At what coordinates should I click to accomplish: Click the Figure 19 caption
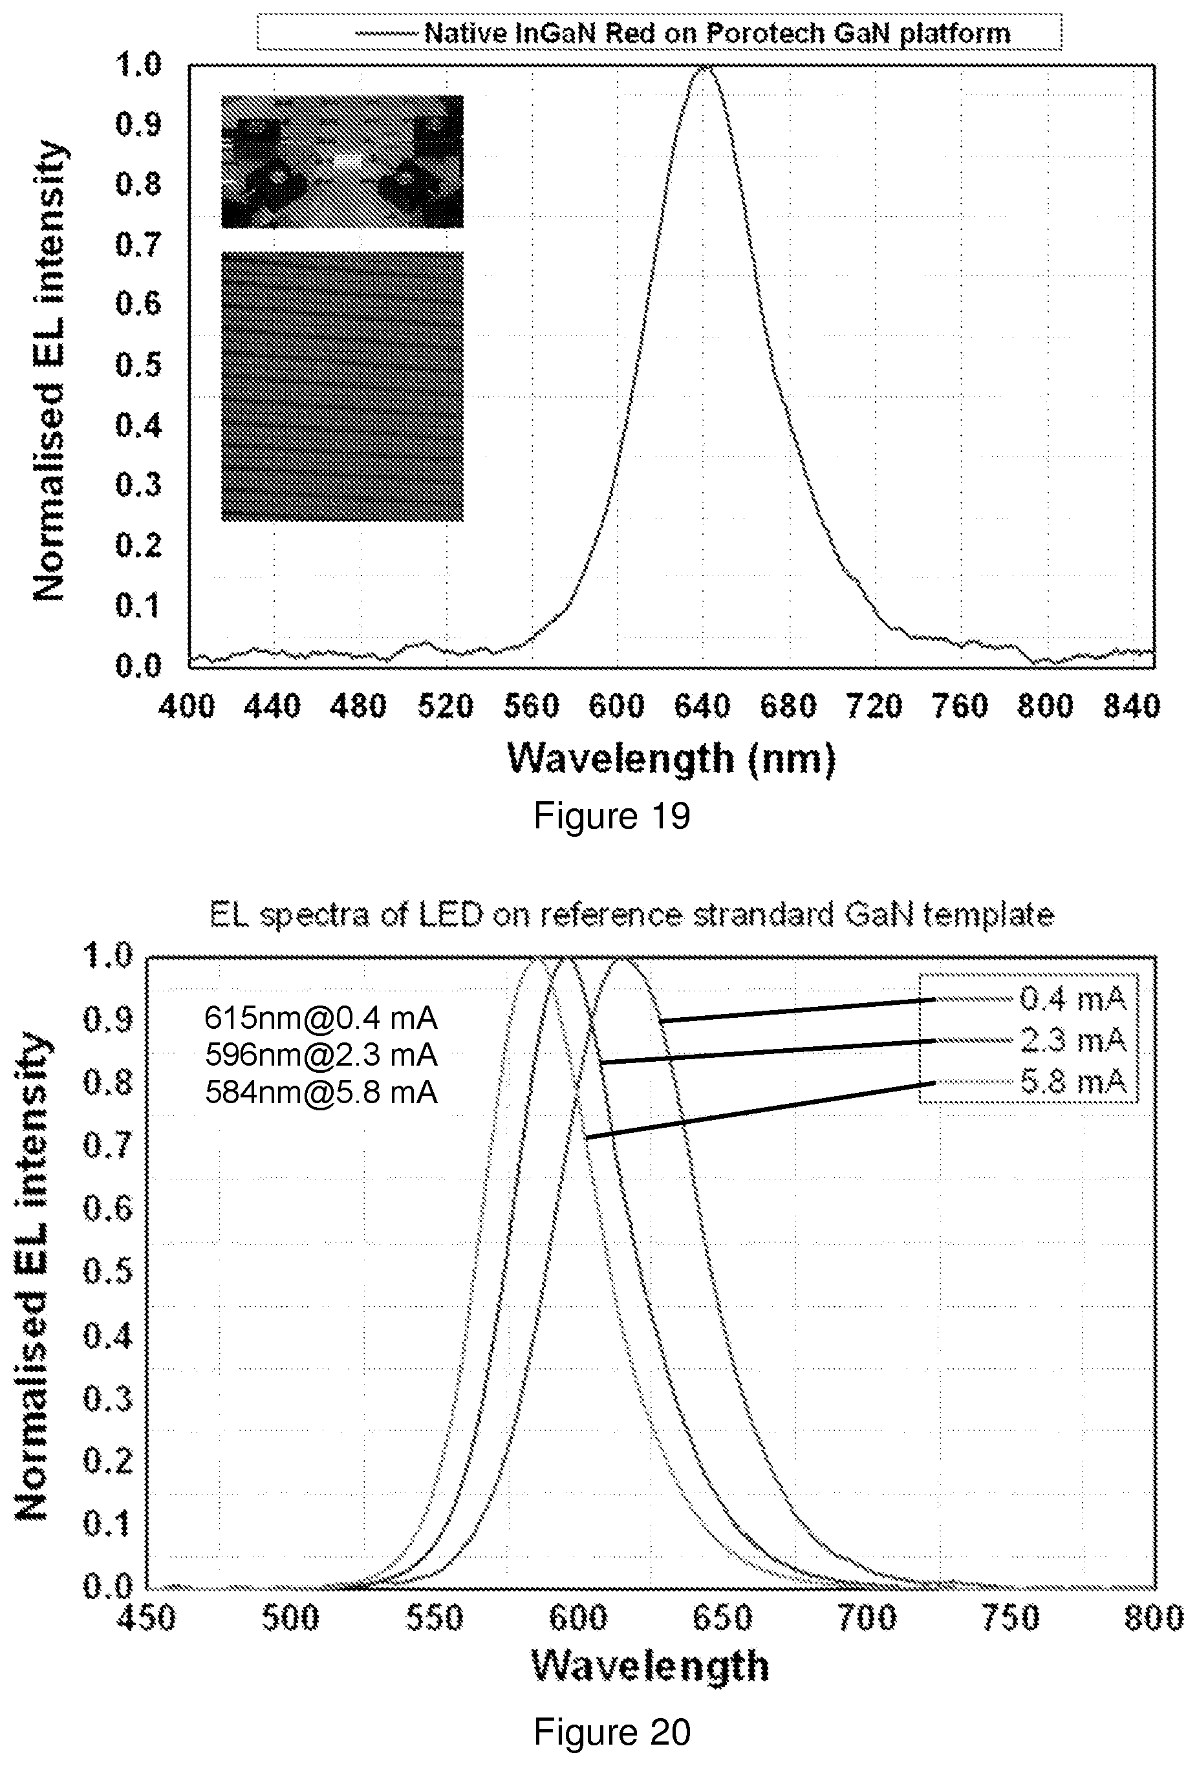click(612, 816)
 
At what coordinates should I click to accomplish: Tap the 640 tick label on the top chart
click(702, 707)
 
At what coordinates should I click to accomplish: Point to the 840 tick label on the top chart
click(1132, 707)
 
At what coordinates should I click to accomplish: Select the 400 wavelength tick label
click(187, 707)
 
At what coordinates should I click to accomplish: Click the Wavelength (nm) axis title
click(671, 759)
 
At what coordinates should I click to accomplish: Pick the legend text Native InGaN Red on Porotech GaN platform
click(717, 34)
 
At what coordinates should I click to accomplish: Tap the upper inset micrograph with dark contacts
click(342, 161)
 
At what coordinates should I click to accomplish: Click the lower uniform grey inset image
click(342, 386)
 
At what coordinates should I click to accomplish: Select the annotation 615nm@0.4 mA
click(321, 1017)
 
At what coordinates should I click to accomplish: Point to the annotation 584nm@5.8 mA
click(321, 1092)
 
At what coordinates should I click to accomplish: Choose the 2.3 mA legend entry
click(1072, 1040)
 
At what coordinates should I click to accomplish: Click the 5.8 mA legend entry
click(1072, 1081)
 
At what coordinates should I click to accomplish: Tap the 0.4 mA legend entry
click(1072, 998)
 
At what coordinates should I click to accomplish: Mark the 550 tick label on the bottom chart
click(434, 1618)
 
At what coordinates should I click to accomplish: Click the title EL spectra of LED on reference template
click(632, 915)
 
